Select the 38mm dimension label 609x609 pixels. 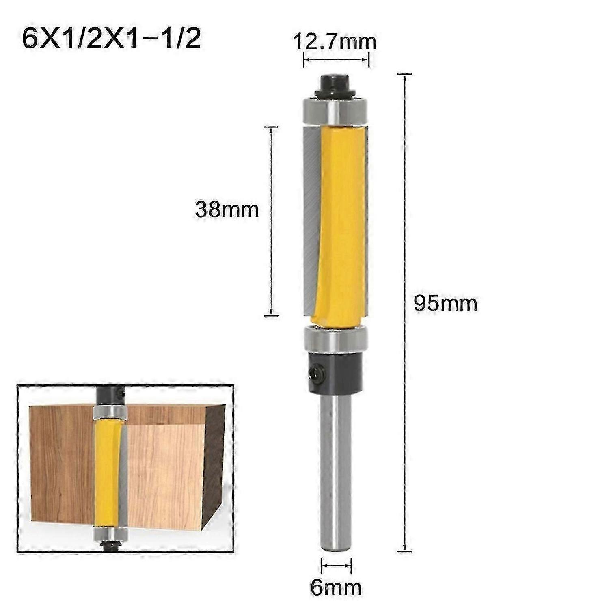coord(227,210)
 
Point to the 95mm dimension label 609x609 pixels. coord(445,304)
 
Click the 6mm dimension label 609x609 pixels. coord(336,587)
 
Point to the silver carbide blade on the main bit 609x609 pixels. coord(311,219)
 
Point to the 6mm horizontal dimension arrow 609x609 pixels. coord(336,565)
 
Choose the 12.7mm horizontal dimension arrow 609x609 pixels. coord(336,60)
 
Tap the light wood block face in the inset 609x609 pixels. coord(166,471)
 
